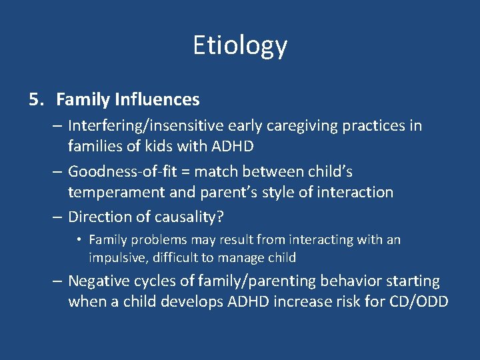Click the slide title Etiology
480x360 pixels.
point(240,45)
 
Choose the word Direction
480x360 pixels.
point(97,217)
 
